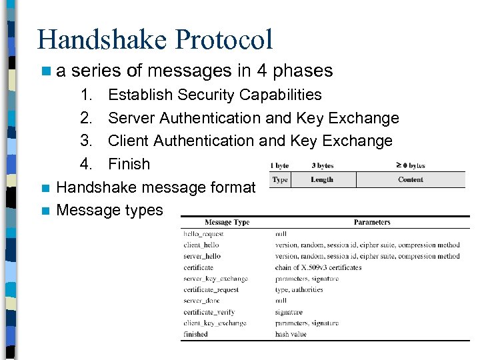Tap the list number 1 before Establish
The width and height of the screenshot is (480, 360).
click(86, 95)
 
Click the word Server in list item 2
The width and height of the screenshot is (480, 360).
click(131, 118)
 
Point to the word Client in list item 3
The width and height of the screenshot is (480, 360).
click(129, 141)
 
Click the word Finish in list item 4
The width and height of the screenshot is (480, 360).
click(129, 163)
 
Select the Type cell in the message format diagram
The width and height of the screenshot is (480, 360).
click(280, 179)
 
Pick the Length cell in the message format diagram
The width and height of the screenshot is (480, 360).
click(322, 179)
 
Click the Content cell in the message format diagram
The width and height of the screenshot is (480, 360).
click(410, 179)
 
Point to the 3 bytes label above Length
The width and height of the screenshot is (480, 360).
click(322, 165)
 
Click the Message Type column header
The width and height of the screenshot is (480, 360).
click(227, 222)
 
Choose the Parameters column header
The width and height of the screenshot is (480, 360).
click(372, 222)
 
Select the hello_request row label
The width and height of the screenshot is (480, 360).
click(203, 234)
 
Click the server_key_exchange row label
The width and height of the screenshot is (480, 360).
click(215, 279)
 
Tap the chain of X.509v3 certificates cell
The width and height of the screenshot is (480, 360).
click(318, 267)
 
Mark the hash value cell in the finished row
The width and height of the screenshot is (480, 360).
click(291, 334)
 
